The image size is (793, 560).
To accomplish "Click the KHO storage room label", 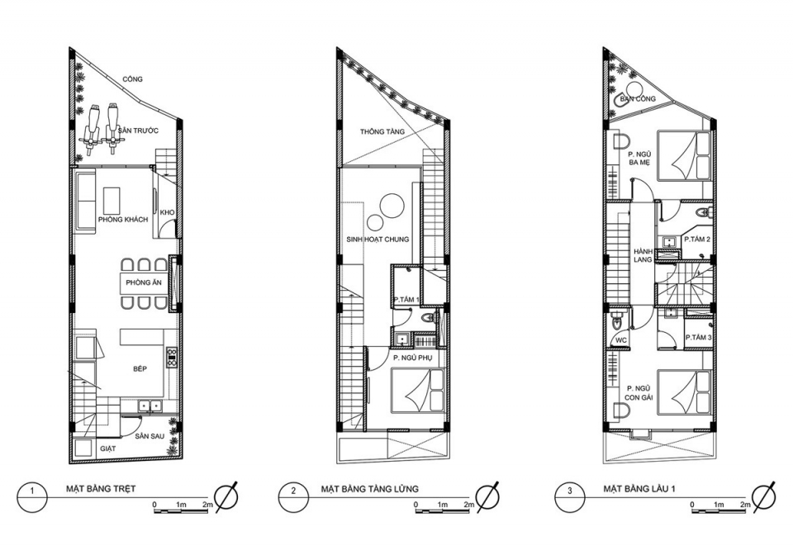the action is [x=167, y=212].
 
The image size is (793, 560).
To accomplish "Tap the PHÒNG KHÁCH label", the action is [x=123, y=220].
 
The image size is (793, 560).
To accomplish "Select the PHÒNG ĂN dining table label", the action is [x=144, y=282].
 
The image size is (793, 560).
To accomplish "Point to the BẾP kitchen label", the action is [x=140, y=368].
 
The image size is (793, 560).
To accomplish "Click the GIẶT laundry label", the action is [x=107, y=448].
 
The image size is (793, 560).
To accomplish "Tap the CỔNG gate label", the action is [x=132, y=79].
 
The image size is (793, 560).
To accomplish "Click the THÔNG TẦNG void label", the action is [x=382, y=131].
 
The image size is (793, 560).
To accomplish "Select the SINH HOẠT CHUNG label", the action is [x=378, y=240].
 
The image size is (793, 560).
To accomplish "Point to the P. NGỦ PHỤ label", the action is [x=411, y=358].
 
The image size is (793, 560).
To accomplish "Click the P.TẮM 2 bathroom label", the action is [x=697, y=240].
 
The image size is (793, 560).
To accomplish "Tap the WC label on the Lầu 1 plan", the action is [x=621, y=340].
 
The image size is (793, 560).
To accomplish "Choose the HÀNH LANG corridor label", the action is [x=643, y=255].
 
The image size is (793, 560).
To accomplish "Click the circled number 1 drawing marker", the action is [x=32, y=491].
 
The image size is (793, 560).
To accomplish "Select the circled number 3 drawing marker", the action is [x=569, y=491].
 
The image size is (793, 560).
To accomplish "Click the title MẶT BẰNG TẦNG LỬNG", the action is [x=370, y=489].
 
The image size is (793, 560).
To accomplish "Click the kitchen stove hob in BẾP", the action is [x=172, y=356].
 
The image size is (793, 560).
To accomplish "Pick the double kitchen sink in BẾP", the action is [x=150, y=405].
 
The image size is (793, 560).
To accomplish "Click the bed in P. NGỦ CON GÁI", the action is [x=684, y=392].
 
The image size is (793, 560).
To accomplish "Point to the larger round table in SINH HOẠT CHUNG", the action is [x=391, y=206].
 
